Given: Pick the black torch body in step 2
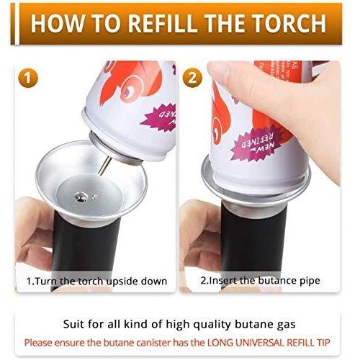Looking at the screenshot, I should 248,238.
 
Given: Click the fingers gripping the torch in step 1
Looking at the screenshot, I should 32,230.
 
